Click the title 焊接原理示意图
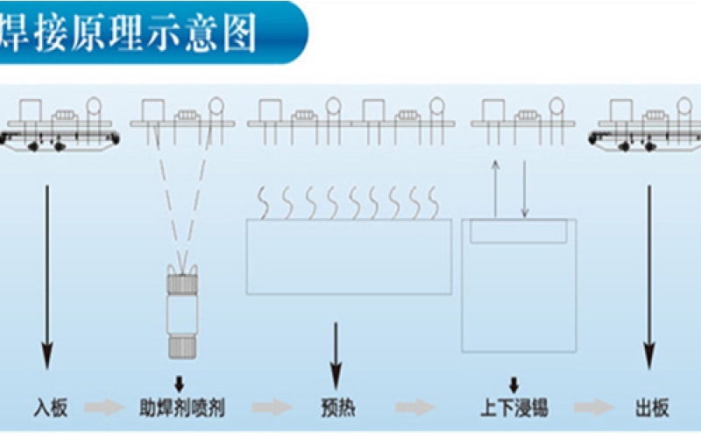pyautogui.click(x=131, y=33)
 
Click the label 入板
pyautogui.click(x=50, y=408)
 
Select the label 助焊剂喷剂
pyautogui.click(x=181, y=408)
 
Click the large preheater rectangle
pyautogui.click(x=349, y=256)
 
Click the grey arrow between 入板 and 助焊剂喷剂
pyautogui.click(x=103, y=408)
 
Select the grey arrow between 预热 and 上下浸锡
pyautogui.click(x=414, y=408)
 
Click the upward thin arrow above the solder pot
pyautogui.click(x=495, y=188)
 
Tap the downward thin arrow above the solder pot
pyautogui.click(x=524, y=188)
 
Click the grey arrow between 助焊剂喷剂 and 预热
pyautogui.click(x=271, y=408)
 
